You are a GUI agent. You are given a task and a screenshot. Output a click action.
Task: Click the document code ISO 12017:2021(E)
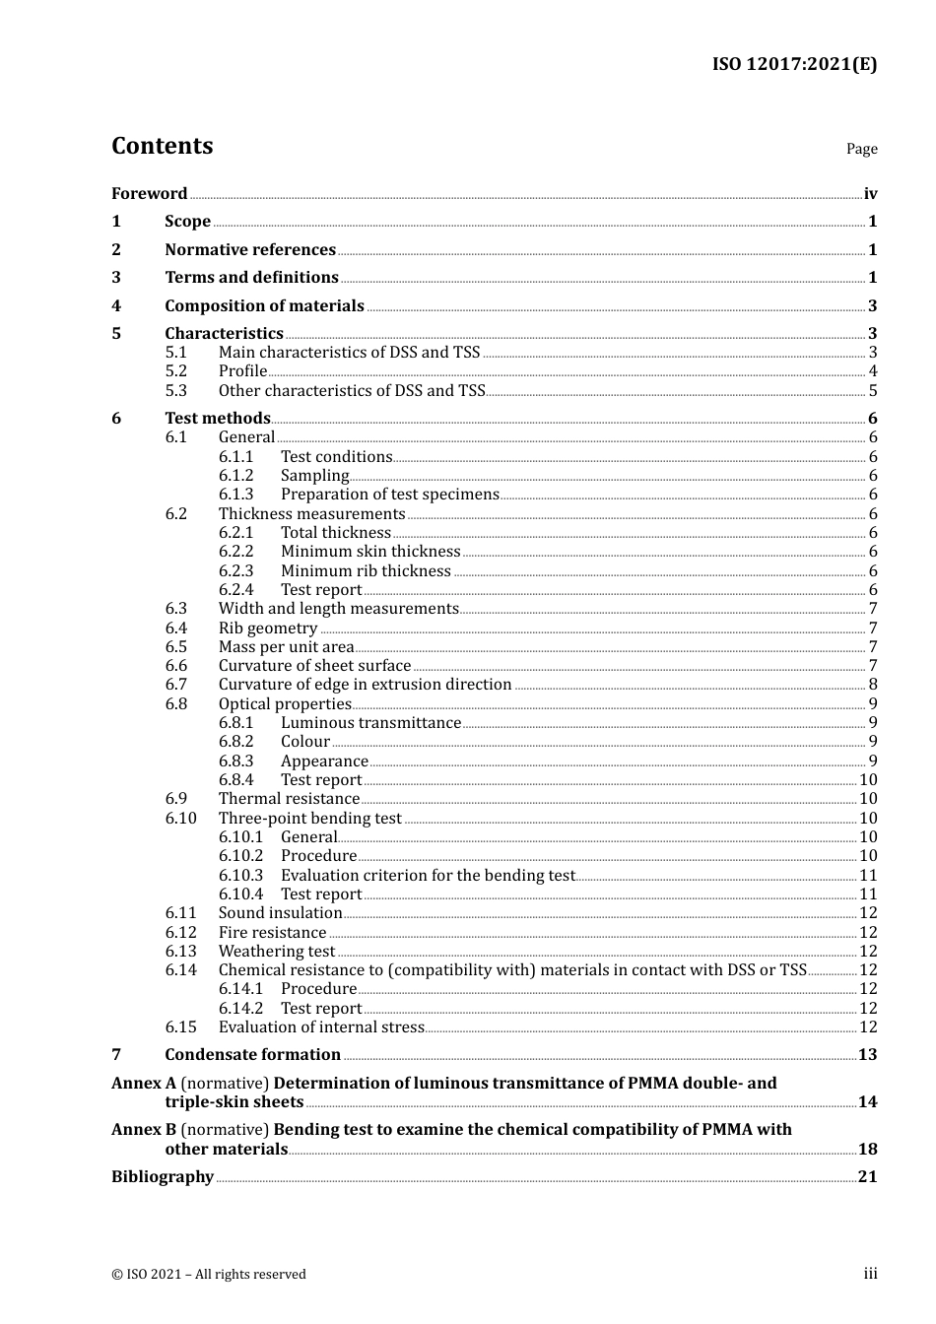[x=794, y=65]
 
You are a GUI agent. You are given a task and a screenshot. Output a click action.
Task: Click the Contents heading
[x=162, y=146]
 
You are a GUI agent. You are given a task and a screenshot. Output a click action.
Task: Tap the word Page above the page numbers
[x=861, y=149]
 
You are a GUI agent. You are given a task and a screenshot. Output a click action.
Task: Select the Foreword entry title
[x=149, y=194]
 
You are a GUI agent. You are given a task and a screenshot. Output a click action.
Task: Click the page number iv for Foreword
[x=870, y=194]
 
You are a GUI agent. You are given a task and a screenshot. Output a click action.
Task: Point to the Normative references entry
[x=250, y=250]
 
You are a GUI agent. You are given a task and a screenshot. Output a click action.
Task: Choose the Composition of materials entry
[x=264, y=306]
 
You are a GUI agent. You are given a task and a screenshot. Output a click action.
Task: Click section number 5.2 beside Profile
[x=175, y=371]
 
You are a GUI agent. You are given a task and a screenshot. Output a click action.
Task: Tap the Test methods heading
[x=217, y=419]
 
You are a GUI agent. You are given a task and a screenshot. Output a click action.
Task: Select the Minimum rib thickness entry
[x=366, y=571]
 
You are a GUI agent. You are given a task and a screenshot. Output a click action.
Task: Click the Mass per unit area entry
[x=286, y=647]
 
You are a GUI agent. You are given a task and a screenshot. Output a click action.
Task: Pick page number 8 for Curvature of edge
[x=873, y=685]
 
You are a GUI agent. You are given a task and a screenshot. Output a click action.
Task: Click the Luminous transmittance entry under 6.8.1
[x=370, y=723]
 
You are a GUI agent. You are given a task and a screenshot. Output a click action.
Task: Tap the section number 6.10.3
[x=240, y=876]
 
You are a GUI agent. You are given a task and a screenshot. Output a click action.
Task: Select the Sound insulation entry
[x=280, y=913]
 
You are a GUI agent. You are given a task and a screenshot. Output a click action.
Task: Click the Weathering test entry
[x=277, y=952]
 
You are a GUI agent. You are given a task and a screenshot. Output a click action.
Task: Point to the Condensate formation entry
[x=252, y=1055]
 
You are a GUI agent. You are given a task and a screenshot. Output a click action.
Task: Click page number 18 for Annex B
[x=867, y=1150]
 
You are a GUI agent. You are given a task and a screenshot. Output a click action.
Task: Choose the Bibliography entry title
[x=163, y=1177]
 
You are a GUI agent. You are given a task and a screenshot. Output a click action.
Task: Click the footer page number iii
[x=870, y=1274]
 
